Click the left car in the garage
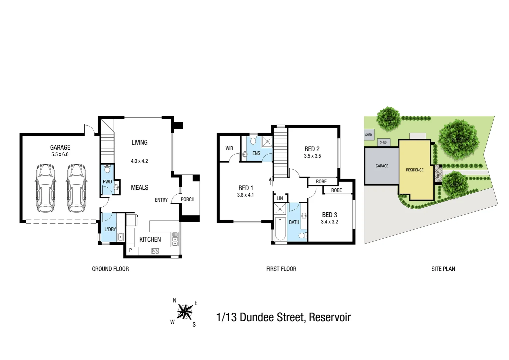[45, 188]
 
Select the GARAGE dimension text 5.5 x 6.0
[60, 155]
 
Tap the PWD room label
[107, 182]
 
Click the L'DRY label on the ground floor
[110, 229]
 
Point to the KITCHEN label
[150, 239]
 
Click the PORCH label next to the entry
[188, 199]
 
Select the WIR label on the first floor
[229, 148]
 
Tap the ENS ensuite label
[256, 153]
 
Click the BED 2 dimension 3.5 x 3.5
[312, 156]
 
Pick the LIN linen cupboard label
[280, 198]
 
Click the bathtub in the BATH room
[280, 228]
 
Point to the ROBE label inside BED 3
[336, 190]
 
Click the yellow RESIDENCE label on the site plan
[414, 170]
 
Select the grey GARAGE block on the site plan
[382, 166]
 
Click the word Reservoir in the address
[330, 317]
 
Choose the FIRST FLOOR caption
[281, 269]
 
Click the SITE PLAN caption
[443, 269]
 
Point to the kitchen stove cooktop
[155, 251]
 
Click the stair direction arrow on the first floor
[270, 181]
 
